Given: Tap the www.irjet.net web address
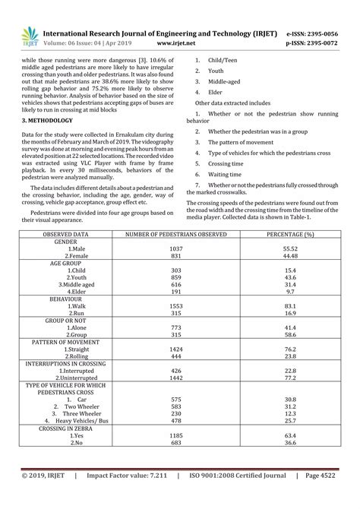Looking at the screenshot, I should pos(172,44).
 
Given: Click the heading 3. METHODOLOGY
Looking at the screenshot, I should pos(47,120).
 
